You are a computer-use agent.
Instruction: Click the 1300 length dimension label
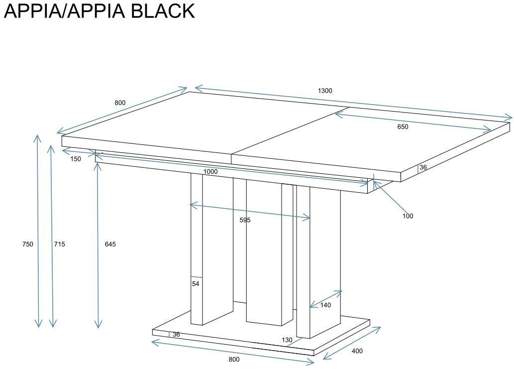pos(324,91)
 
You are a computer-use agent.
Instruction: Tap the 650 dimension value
pos(403,127)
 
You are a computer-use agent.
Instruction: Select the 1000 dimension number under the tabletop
pos(210,172)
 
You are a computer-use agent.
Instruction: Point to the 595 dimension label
pos(245,220)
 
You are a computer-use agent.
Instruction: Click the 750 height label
pos(27,244)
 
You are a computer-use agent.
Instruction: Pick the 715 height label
pos(59,244)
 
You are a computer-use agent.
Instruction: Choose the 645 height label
pos(110,244)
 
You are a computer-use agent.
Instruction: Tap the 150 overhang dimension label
pos(76,159)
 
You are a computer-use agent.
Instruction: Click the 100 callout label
pos(408,216)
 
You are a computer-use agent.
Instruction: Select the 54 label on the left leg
pos(196,284)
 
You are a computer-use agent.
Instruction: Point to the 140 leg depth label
pos(325,305)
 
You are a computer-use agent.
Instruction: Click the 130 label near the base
pos(287,340)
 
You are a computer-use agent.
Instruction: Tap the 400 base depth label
pos(357,351)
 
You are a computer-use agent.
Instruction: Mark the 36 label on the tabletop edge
pos(423,168)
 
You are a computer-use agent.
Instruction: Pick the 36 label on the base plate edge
pos(176,335)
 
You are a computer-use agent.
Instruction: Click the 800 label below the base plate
pos(234,360)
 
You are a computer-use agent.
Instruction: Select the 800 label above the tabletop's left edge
pos(120,103)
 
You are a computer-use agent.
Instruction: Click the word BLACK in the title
pos(163,11)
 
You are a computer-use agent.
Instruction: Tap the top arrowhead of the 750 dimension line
pos(37,136)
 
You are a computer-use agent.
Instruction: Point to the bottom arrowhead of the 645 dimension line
pos(99,327)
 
